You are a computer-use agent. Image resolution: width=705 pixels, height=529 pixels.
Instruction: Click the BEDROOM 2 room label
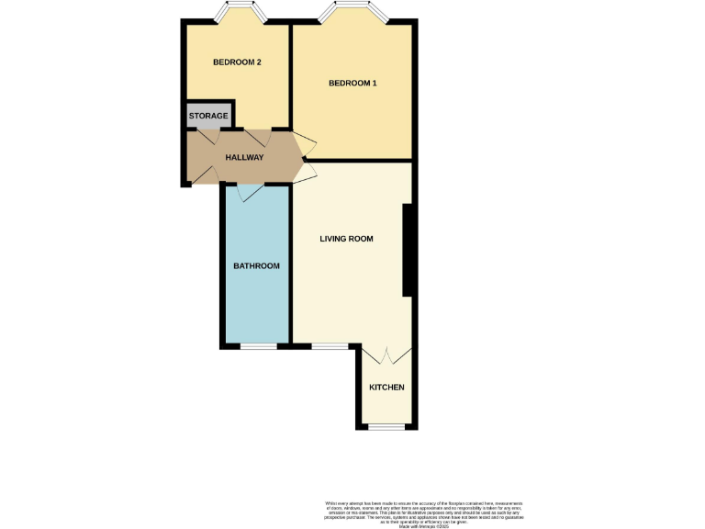point(237,62)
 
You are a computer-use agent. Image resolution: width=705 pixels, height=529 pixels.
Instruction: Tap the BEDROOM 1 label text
point(353,84)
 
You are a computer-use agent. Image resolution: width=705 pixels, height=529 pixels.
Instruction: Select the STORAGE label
point(208,117)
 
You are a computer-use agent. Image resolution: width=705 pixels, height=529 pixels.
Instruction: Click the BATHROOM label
point(256,265)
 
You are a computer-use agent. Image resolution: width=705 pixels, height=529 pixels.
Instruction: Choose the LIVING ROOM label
point(346,239)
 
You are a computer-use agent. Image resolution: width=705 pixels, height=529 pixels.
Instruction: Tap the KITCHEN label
point(386,388)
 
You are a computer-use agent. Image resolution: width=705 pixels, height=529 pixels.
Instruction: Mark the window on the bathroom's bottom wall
point(258,347)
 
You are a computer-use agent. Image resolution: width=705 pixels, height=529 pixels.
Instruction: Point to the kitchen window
point(386,427)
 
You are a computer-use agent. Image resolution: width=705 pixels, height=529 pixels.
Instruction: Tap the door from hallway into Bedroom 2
point(252,139)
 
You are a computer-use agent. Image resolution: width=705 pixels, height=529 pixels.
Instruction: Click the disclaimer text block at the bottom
point(424,512)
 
